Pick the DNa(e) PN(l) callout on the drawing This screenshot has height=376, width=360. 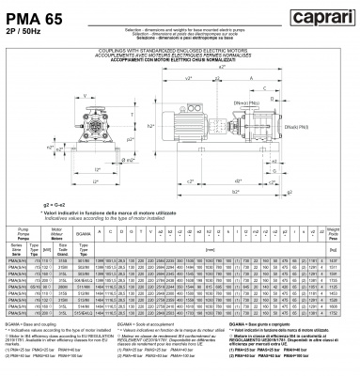316,124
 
